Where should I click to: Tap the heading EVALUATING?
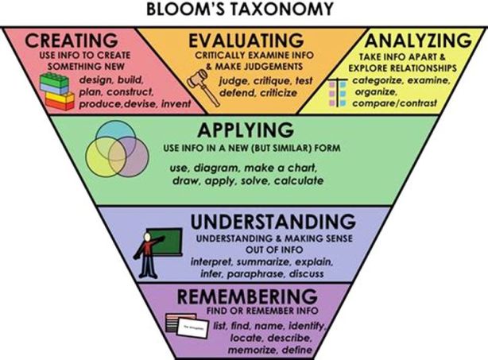[246, 40]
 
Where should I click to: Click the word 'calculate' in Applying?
[299, 181]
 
